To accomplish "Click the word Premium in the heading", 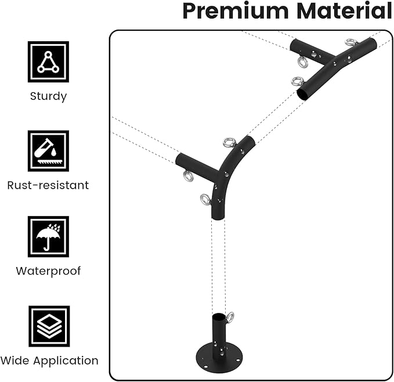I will [231, 11].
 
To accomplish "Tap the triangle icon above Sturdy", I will [48, 62].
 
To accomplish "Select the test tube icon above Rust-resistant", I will [48, 150].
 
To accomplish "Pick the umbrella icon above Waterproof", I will [48, 236].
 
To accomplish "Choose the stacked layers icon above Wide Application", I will [49, 326].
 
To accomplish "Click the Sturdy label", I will [48, 96].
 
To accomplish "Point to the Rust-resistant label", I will [48, 186].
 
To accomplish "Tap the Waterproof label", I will [48, 271].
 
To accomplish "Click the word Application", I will [65, 361].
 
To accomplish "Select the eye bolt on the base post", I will [230, 317].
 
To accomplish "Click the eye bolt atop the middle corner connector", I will [229, 142].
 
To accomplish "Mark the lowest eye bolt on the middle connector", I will [205, 200].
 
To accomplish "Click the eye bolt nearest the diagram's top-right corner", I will [351, 42].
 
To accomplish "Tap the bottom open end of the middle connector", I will [217, 216].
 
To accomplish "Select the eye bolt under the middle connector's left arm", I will [189, 176].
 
